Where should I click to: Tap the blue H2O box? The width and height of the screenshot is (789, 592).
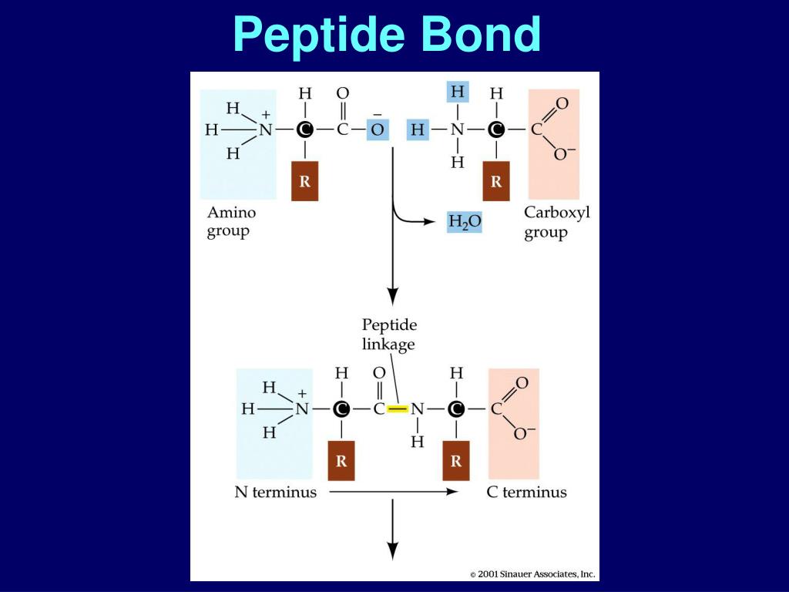pos(465,222)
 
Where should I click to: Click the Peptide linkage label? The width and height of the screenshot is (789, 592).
pos(389,335)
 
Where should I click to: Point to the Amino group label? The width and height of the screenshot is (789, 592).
pos(231,222)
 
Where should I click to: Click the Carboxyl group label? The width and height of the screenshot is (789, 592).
pos(556,222)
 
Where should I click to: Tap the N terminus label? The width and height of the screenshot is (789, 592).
pos(275,492)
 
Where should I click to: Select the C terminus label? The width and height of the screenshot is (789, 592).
pos(526,492)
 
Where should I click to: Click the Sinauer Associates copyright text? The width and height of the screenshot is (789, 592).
pos(533,574)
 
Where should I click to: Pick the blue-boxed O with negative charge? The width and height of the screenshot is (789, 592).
pos(377,129)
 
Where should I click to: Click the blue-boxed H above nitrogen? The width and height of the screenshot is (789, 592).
pos(458,92)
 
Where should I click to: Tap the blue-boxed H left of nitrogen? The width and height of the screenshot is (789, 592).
pos(418,129)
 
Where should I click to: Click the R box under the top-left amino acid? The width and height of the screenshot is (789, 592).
pos(304,182)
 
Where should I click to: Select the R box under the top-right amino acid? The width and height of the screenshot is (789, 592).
pos(496,182)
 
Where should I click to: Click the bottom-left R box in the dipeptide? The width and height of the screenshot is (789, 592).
pos(341,461)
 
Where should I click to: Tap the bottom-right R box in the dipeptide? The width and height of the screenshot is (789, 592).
pos(456,461)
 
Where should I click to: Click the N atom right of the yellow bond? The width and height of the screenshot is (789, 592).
pos(417,409)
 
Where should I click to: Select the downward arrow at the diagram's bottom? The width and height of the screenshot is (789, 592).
pos(393,532)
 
